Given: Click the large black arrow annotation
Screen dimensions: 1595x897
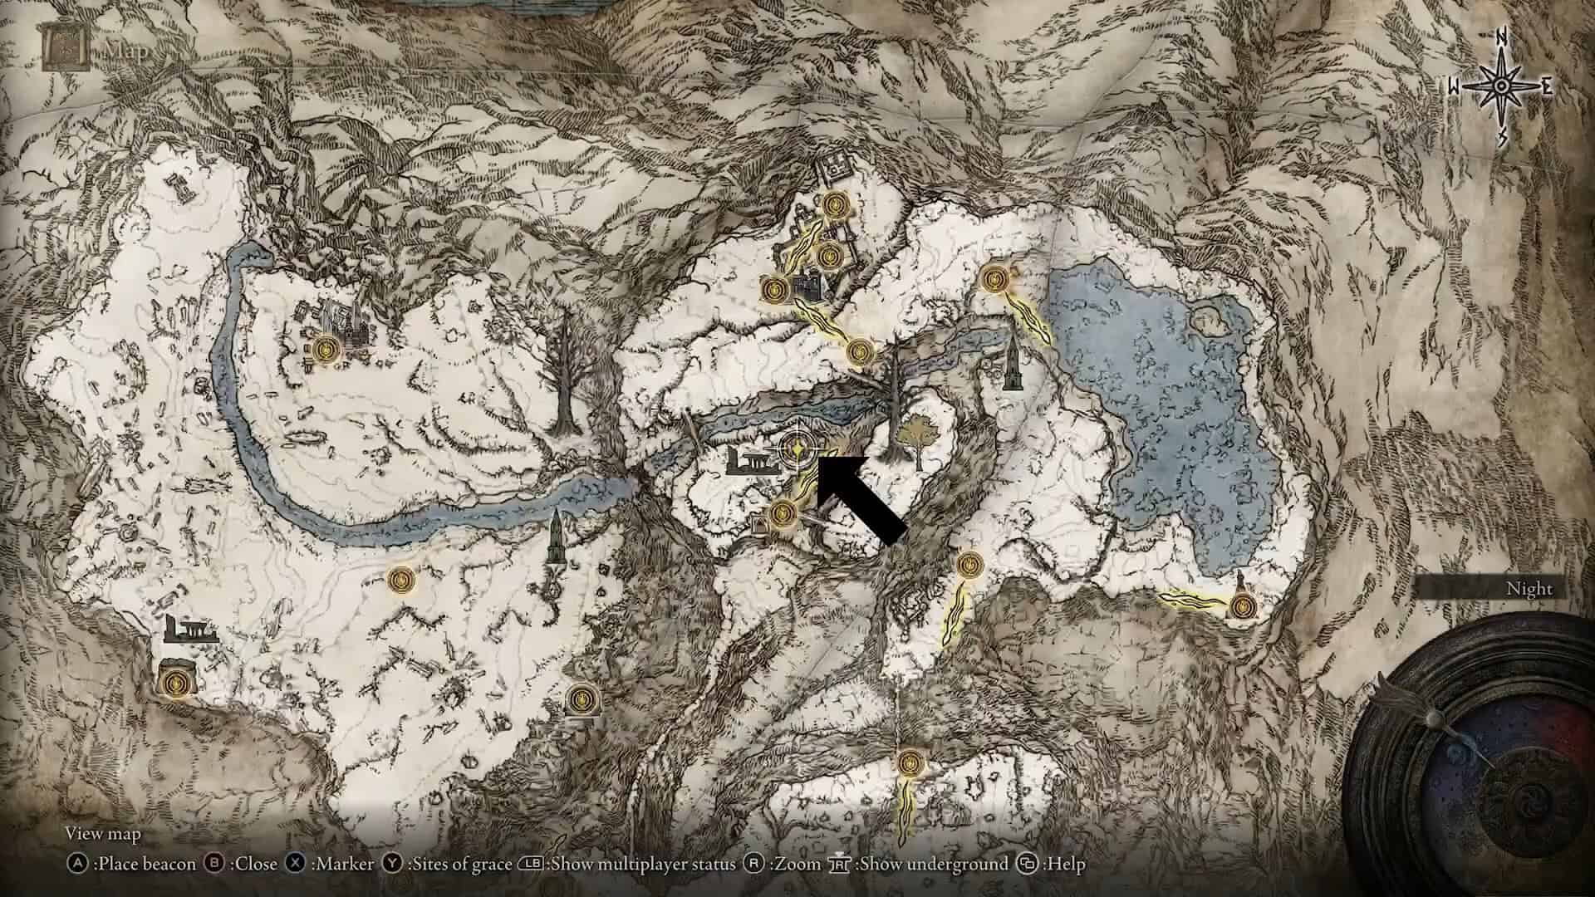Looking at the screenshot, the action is (860, 498).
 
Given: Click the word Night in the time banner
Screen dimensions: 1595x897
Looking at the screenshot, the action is (1529, 589).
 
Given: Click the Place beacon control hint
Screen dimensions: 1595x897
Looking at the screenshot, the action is (132, 864).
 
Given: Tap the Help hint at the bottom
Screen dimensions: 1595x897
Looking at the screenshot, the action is (1055, 864).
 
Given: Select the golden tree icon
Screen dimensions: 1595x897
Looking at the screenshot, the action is (917, 437).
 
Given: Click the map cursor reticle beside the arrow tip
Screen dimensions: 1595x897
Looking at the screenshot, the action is (797, 449).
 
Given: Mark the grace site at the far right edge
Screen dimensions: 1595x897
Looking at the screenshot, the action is (1243, 605).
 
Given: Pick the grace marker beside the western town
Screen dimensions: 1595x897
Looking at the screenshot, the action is (325, 347).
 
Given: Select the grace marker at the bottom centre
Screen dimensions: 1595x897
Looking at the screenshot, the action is (910, 762).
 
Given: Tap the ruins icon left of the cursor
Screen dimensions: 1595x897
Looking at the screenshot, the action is (752, 459).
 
